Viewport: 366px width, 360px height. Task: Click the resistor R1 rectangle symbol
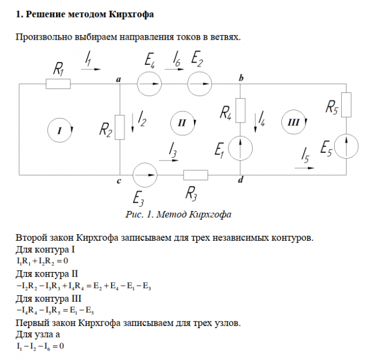[x=58, y=84]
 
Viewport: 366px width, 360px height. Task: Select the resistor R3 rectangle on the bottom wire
[x=196, y=175]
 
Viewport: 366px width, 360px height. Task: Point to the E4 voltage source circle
[x=149, y=84]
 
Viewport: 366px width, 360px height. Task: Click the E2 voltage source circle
[x=199, y=84]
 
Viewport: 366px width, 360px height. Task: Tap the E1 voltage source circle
[x=241, y=148]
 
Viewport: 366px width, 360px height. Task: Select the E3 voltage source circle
[x=146, y=175]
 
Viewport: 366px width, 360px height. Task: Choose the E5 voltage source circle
[x=346, y=147]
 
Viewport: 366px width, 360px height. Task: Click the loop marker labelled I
[x=62, y=130]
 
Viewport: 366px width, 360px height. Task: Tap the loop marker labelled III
[x=293, y=123]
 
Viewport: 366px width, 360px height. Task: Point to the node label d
[x=240, y=181]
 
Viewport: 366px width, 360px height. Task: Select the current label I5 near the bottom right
[x=306, y=156]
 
